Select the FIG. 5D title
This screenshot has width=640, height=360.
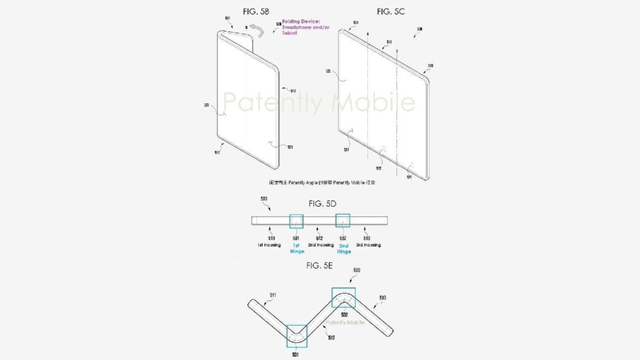coord(322,203)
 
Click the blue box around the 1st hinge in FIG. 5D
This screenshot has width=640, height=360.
coord(295,221)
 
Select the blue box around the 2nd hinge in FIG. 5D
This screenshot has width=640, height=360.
coord(342,221)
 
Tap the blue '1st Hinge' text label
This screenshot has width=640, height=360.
coord(296,248)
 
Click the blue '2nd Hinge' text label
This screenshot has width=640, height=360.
coord(344,248)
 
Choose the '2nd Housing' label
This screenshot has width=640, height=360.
coord(321,245)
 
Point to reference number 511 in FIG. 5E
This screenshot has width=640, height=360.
coord(273,294)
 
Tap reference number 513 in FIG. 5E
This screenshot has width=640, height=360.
coord(382,298)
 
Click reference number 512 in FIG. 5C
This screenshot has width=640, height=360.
coord(389,41)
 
